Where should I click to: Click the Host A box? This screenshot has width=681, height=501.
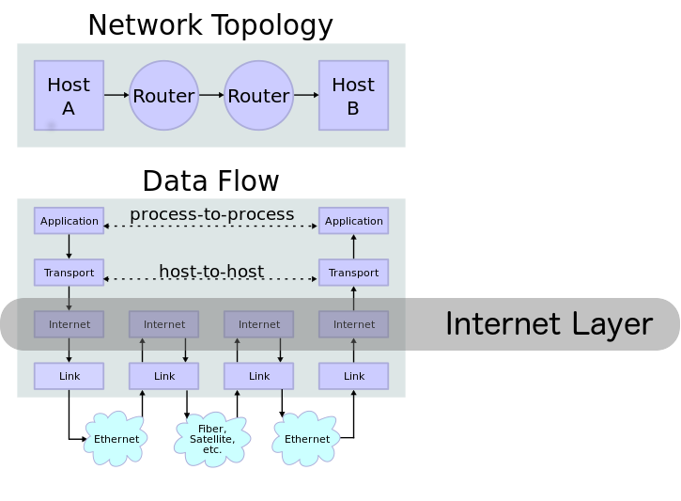[x=69, y=95]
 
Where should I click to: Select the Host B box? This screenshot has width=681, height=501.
[x=353, y=95]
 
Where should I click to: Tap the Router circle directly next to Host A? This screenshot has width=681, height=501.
[x=163, y=95]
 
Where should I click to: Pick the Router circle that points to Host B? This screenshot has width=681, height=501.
[x=258, y=95]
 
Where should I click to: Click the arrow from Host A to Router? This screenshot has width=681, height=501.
[x=116, y=95]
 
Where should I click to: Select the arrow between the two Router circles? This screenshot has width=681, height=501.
[x=211, y=95]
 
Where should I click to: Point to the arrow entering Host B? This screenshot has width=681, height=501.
[x=306, y=95]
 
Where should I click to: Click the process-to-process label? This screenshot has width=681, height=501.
[x=211, y=214]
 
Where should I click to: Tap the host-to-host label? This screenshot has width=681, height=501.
[x=211, y=272]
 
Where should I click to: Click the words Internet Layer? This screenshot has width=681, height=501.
[x=548, y=323]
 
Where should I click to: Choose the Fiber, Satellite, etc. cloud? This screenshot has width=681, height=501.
[x=212, y=439]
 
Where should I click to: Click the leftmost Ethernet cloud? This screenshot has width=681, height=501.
[x=116, y=439]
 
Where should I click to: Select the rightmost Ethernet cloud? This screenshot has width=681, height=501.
[x=307, y=439]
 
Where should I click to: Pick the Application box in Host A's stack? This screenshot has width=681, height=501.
[x=69, y=221]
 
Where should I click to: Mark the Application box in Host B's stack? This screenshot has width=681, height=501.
[x=353, y=221]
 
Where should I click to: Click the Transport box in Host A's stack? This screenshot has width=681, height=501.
[x=69, y=273]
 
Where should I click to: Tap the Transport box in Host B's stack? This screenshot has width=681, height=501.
[x=353, y=273]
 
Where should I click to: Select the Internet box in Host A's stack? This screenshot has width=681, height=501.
[x=69, y=324]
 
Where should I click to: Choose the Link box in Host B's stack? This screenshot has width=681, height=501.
[x=353, y=376]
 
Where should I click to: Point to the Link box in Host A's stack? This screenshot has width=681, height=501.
[x=69, y=376]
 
